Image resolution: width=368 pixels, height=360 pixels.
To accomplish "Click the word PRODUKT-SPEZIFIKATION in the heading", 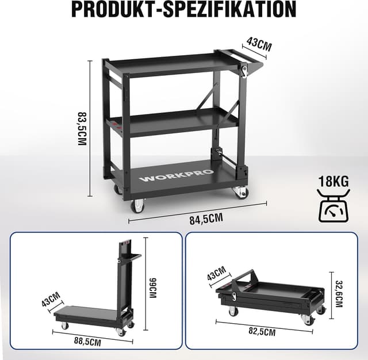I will tap(184, 10).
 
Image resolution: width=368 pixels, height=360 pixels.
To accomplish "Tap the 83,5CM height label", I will tap(82, 128).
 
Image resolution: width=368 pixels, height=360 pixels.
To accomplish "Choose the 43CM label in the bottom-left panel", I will tap(51, 300).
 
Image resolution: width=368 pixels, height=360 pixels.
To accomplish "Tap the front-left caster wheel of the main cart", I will tap(137, 205).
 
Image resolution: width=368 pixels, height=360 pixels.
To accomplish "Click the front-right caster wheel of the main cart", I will tap(240, 192).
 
